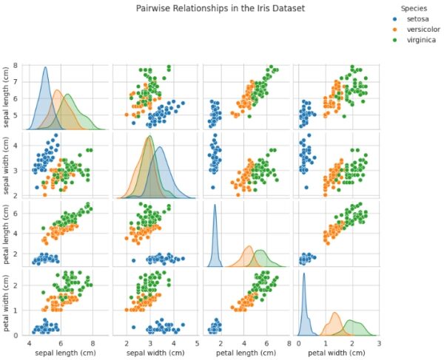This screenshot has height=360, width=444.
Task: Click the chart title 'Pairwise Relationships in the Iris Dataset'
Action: tap(221, 8)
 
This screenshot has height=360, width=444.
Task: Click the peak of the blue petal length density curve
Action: tap(215, 205)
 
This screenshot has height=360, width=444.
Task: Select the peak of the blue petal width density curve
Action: tap(304, 274)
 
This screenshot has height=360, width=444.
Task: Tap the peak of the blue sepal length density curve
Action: tap(45, 67)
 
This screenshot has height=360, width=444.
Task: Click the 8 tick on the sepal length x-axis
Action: tap(92, 342)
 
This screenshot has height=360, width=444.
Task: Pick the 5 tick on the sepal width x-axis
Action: tap(197, 342)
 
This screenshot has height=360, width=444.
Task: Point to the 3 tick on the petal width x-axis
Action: tap(378, 342)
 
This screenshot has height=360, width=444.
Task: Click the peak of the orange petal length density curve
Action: tap(249, 246)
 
